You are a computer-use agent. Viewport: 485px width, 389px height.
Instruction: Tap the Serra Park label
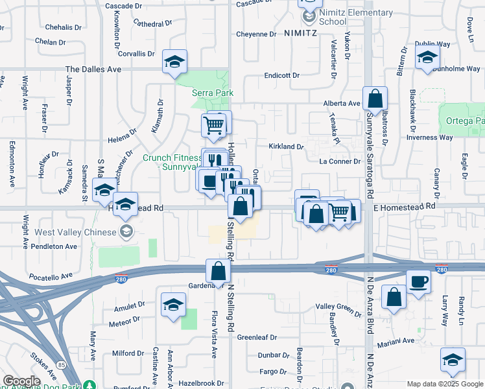pyautogui.click(x=212, y=93)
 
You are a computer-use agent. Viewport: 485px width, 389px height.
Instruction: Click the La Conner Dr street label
pyautogui.click(x=339, y=161)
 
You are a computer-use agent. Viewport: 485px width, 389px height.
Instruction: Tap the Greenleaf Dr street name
pyautogui.click(x=257, y=338)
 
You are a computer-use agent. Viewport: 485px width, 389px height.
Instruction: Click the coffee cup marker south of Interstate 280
pyautogui.click(x=418, y=281)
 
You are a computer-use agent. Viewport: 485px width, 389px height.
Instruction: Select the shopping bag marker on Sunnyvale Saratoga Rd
pyautogui.click(x=375, y=99)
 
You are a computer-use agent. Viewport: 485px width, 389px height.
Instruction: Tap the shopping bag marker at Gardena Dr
pyautogui.click(x=219, y=271)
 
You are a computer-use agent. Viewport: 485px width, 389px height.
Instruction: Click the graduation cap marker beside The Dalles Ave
pyautogui.click(x=174, y=62)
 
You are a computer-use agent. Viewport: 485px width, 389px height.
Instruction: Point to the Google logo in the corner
pyautogui.click(x=21, y=382)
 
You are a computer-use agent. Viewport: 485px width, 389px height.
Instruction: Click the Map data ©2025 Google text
pyautogui.click(x=444, y=384)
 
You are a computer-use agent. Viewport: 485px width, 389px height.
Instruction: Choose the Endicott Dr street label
pyautogui.click(x=281, y=76)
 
